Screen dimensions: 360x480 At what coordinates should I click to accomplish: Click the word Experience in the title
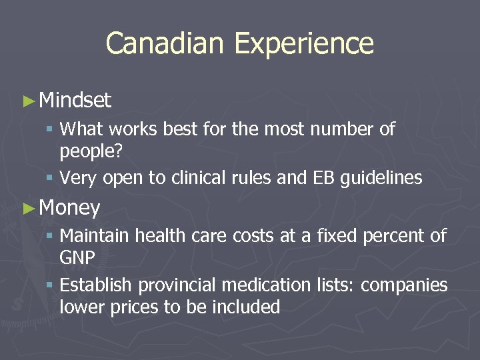(x=304, y=43)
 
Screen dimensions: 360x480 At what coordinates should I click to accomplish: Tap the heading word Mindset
(x=75, y=101)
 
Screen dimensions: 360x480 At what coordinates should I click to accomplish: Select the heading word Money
(x=70, y=208)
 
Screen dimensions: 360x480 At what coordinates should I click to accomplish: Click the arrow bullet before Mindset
(x=28, y=101)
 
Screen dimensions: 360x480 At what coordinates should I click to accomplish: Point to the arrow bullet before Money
(x=28, y=209)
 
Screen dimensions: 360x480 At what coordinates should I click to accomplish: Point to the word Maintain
(x=95, y=235)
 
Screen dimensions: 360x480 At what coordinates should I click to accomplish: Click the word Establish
(x=97, y=285)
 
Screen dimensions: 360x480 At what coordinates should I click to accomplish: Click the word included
(x=245, y=307)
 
